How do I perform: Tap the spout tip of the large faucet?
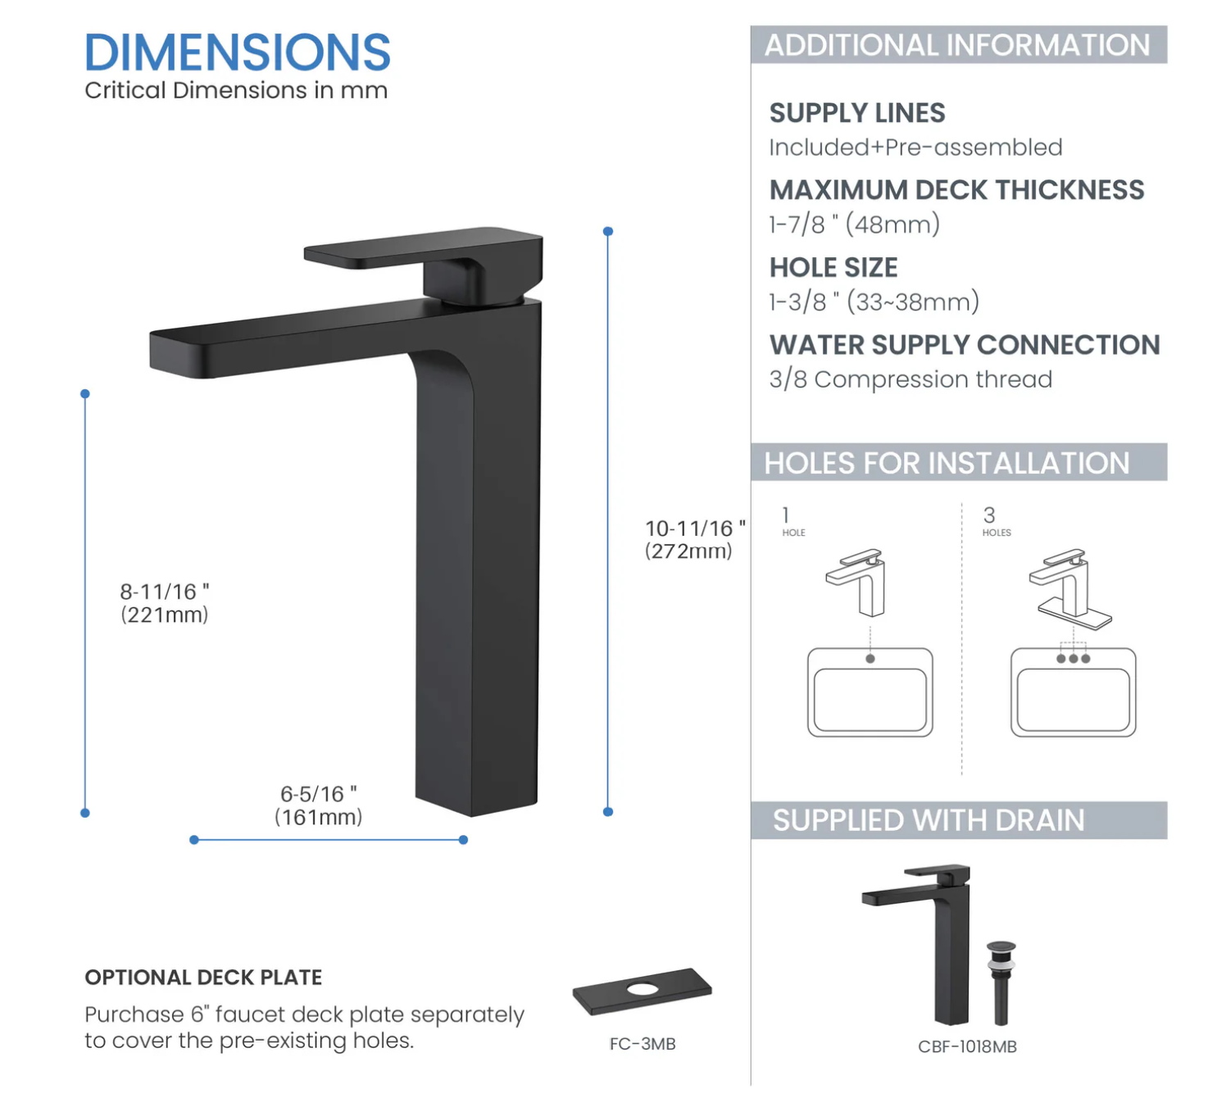click(x=176, y=352)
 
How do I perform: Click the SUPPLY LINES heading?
click(x=856, y=113)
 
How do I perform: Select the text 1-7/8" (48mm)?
click(x=854, y=225)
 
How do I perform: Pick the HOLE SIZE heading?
click(x=833, y=268)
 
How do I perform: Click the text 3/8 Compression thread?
click(x=910, y=379)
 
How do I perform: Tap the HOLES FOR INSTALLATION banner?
click(x=947, y=463)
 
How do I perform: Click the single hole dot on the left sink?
click(x=870, y=659)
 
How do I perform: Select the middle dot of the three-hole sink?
click(x=1073, y=659)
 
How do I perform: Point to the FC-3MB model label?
click(x=643, y=1044)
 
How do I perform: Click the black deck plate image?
click(x=642, y=991)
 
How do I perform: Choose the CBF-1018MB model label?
click(x=967, y=1046)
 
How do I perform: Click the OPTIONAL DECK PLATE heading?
click(x=203, y=978)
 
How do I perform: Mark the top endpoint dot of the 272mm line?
click(x=608, y=232)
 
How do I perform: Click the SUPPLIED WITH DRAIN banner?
click(x=929, y=820)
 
